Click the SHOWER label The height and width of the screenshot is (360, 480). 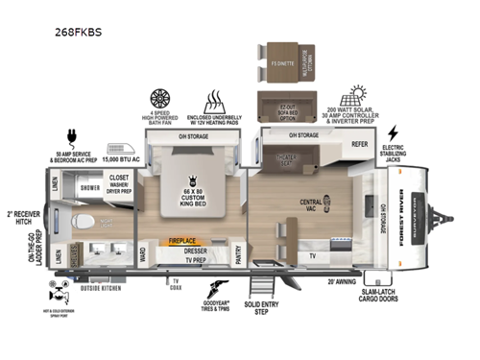[88, 189]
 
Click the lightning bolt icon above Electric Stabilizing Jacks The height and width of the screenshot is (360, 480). [393, 132]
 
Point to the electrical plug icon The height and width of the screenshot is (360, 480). [73, 136]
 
